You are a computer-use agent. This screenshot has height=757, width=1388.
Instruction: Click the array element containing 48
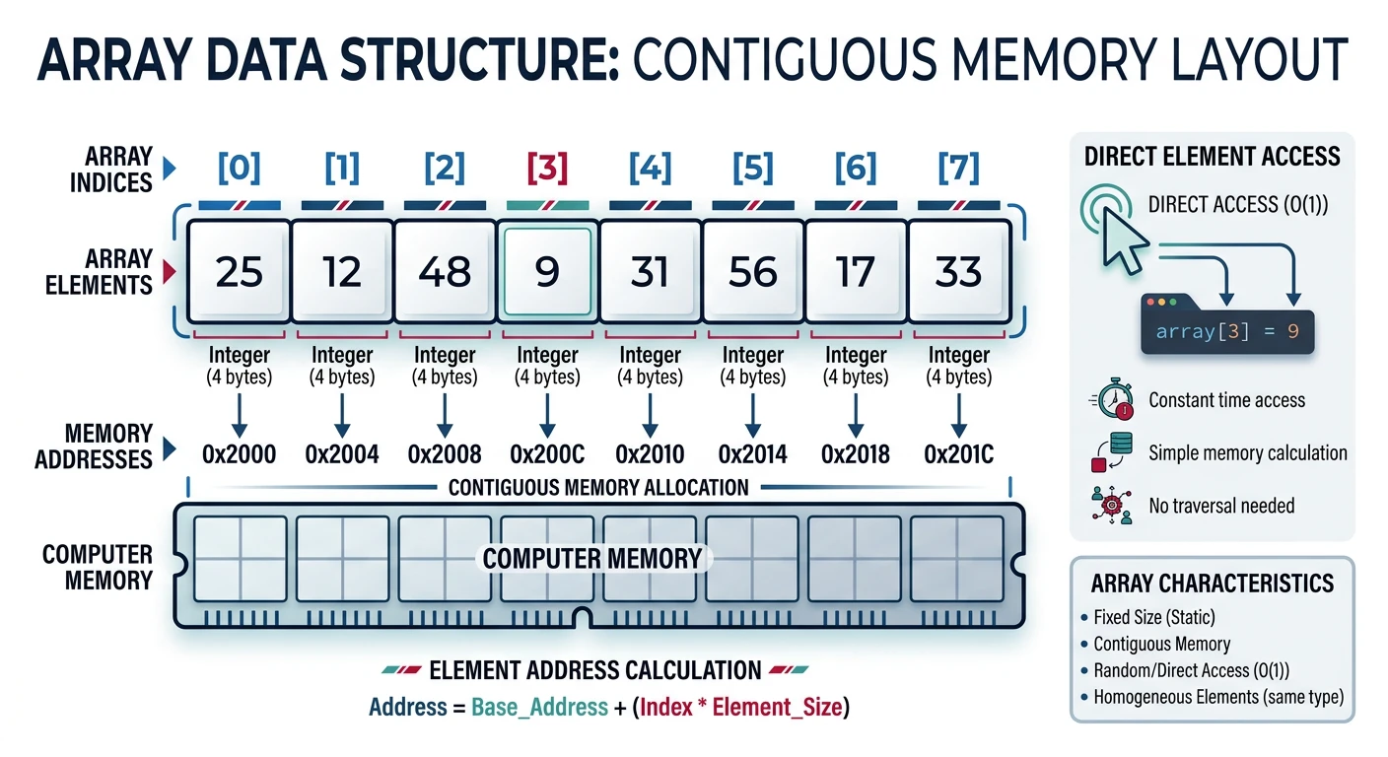click(x=445, y=272)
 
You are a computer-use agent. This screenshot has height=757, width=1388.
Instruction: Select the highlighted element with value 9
click(x=547, y=272)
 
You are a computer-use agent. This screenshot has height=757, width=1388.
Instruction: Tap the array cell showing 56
click(x=752, y=272)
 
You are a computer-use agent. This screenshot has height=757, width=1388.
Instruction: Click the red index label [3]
click(x=547, y=169)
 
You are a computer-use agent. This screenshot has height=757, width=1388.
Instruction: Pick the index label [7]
click(x=958, y=169)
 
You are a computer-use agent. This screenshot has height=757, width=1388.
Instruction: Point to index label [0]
click(x=239, y=169)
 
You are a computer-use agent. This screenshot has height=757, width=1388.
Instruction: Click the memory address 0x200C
click(x=547, y=454)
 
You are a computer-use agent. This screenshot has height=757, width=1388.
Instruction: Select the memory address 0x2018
click(x=856, y=454)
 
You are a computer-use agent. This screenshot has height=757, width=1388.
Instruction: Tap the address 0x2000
click(x=239, y=454)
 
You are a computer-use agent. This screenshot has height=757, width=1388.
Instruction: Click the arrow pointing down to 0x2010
click(x=650, y=415)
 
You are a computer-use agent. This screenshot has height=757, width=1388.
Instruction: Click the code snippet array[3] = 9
click(x=1226, y=332)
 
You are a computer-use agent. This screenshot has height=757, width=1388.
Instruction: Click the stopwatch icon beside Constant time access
click(x=1111, y=398)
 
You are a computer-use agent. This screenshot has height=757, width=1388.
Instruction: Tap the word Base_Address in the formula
click(x=539, y=707)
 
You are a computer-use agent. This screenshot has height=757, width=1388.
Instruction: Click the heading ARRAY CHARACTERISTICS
click(x=1212, y=584)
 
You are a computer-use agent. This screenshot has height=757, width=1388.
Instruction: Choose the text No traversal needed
click(x=1220, y=506)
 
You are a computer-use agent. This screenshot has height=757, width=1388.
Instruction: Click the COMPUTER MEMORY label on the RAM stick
click(x=592, y=559)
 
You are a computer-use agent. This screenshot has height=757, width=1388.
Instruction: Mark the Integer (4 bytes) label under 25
click(x=239, y=366)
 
